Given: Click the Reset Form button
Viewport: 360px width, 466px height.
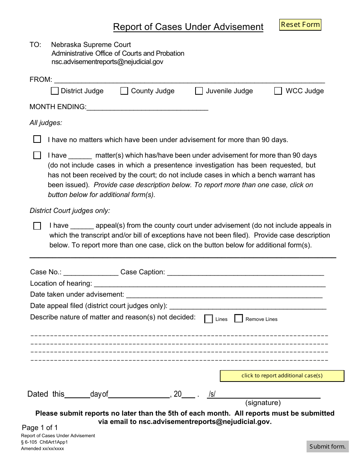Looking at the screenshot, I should [x=300, y=25].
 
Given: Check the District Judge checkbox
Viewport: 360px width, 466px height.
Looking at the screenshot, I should [x=55, y=91].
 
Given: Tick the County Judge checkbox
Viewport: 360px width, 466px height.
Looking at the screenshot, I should [x=124, y=91].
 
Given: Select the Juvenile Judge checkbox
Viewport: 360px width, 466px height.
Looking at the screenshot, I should [x=199, y=91].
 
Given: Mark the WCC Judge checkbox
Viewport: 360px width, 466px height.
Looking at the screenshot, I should [x=278, y=91].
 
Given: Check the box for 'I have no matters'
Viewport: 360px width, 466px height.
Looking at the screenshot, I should [x=37, y=139].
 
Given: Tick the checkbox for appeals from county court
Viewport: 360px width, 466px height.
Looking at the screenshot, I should [x=37, y=226].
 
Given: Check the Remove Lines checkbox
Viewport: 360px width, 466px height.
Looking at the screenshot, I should [x=238, y=319].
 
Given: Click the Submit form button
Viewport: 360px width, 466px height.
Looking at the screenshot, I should [x=327, y=446].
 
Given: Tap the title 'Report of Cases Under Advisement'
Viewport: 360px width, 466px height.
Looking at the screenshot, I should [x=188, y=27].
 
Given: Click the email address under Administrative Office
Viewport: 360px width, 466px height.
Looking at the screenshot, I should [x=107, y=62].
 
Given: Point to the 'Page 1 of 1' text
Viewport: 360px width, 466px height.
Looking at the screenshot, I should [x=40, y=428].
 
